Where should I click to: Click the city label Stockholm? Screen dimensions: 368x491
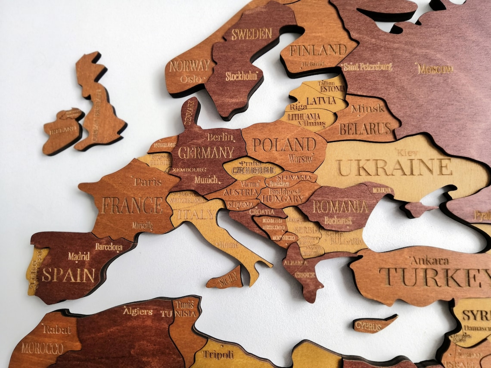click(x=241, y=76)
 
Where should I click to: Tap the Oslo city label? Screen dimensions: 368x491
click(x=191, y=79)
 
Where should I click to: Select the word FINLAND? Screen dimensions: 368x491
click(x=318, y=50)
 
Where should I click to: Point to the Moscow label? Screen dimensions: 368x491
click(x=435, y=68)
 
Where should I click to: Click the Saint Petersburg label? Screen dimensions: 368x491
click(x=367, y=67)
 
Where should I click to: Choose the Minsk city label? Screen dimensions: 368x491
click(x=367, y=108)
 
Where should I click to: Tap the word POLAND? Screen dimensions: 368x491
click(x=284, y=145)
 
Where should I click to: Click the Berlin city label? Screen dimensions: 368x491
click(x=220, y=137)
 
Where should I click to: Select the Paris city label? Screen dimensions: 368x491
click(x=147, y=181)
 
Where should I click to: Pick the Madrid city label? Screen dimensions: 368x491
click(x=79, y=256)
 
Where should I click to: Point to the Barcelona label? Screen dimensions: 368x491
click(x=109, y=247)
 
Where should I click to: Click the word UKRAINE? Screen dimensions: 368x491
click(x=394, y=167)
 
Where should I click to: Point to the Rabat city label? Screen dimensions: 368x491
click(x=56, y=330)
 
